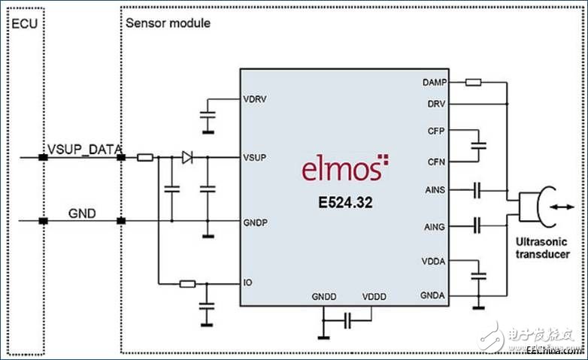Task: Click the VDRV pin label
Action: [x=255, y=99]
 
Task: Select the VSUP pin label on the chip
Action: [x=255, y=158]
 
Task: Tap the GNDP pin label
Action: [x=256, y=222]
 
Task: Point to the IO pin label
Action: [x=248, y=283]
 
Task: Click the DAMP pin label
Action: [x=435, y=82]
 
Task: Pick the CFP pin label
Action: [x=436, y=131]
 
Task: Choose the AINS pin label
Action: [x=435, y=189]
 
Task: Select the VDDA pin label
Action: [x=434, y=261]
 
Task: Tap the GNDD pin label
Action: [x=324, y=297]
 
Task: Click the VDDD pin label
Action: [x=374, y=297]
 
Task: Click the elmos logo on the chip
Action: [x=345, y=168]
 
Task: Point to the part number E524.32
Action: [x=345, y=202]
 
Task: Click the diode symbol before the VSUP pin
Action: [x=187, y=158]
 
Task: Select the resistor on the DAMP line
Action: [x=473, y=82]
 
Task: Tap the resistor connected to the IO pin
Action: [x=187, y=284]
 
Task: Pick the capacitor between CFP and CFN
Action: [x=478, y=146]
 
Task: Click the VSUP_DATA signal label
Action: [x=85, y=150]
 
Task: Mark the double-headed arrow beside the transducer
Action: [x=562, y=207]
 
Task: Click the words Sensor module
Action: [x=168, y=23]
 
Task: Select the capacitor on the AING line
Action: [x=477, y=226]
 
